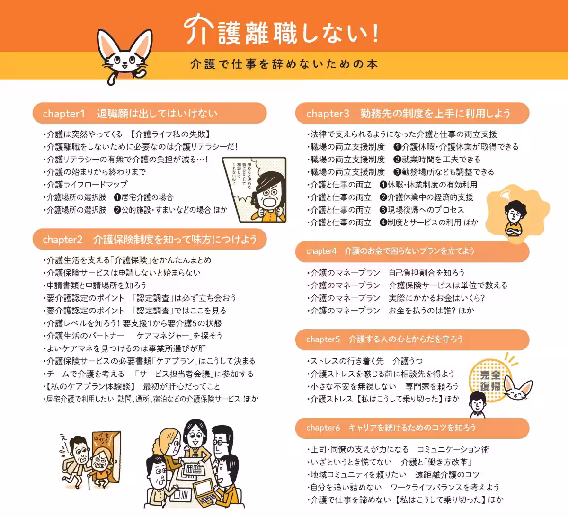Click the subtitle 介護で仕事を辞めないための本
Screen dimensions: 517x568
click(x=284, y=64)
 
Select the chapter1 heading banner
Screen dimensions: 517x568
click(x=150, y=114)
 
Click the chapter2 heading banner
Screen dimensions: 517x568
click(x=150, y=240)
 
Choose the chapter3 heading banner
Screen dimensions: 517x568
click(x=412, y=114)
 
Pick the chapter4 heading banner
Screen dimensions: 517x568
click(x=412, y=251)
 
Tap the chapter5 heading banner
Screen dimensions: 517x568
click(x=412, y=339)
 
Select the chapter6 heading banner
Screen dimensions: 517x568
click(x=412, y=428)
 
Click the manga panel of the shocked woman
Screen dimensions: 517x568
click(x=255, y=189)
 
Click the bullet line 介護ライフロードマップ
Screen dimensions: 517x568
click(x=87, y=185)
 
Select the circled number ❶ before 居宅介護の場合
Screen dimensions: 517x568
click(x=117, y=197)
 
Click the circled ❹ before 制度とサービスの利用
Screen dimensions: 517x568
click(x=383, y=223)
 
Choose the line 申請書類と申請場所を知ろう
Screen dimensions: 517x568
click(x=96, y=285)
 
